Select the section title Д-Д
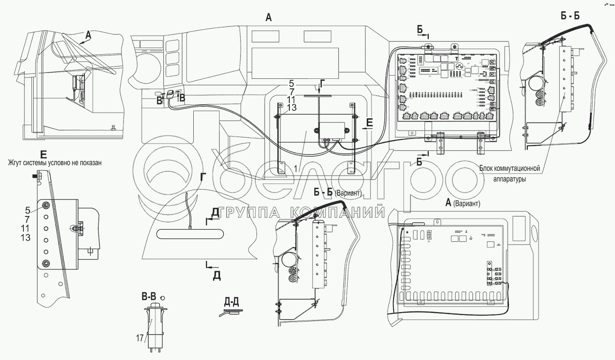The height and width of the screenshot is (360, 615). point(230,302)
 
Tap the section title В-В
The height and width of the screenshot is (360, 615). point(150,297)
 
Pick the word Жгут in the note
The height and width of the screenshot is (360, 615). point(16,163)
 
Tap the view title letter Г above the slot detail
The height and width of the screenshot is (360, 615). point(203,177)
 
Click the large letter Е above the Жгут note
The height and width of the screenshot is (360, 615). point(43,153)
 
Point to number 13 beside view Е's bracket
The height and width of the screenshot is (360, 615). point(25,238)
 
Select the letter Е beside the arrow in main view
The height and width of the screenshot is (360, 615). point(370,123)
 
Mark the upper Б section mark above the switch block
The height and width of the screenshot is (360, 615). point(420,30)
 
